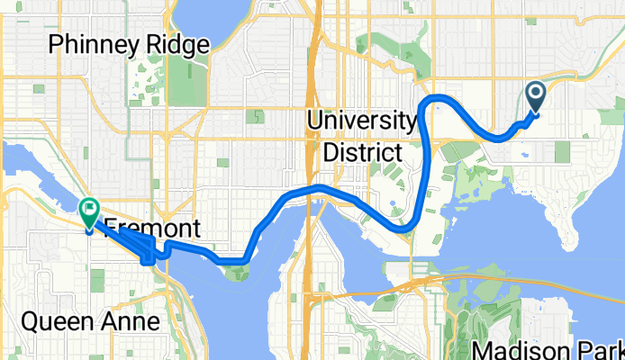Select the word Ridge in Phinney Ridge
tap(178, 43)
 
